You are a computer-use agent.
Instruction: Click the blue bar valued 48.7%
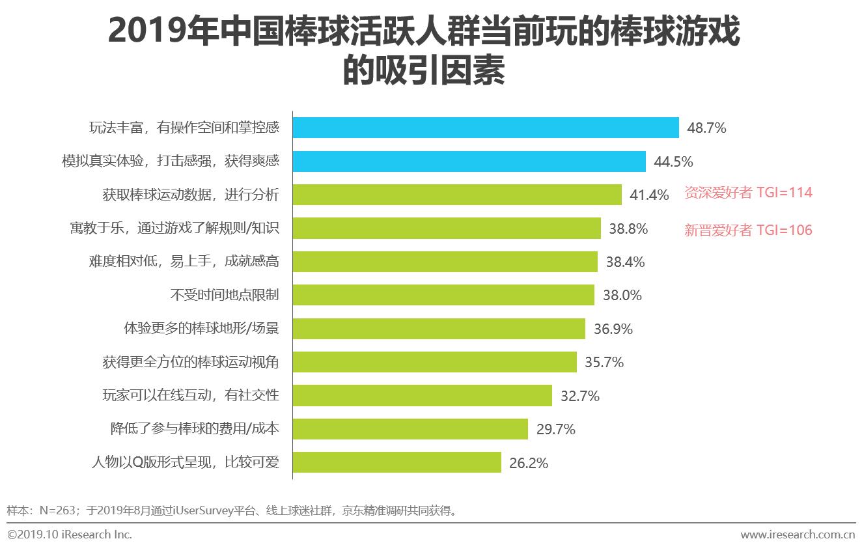tap(485, 128)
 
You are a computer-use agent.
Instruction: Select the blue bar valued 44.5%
tap(469, 161)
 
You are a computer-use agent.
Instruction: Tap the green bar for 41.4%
tap(456, 195)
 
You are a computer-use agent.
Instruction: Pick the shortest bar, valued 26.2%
tap(396, 463)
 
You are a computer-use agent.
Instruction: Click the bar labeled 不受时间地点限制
tap(443, 295)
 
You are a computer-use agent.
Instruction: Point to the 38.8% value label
tap(628, 229)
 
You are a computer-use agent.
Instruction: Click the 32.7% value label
tap(579, 396)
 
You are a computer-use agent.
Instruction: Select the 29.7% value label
tap(555, 429)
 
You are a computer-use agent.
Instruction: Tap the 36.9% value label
tap(613, 329)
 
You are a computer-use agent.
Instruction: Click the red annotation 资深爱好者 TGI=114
tap(748, 193)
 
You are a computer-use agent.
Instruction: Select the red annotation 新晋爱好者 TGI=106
tap(748, 230)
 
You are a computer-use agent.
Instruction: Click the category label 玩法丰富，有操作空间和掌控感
tap(184, 128)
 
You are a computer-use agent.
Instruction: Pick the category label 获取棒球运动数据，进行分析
tap(190, 195)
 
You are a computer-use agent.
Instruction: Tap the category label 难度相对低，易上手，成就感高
tap(184, 262)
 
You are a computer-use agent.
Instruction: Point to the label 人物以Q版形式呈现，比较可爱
tap(185, 463)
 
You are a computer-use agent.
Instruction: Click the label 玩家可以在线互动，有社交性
tap(190, 396)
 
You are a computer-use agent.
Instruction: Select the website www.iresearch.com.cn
tap(798, 535)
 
